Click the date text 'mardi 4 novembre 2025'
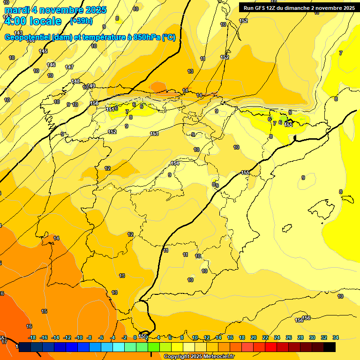(x=55, y=10)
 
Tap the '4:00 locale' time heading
(x=32, y=21)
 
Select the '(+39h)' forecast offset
(x=81, y=21)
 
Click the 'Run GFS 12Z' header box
(x=299, y=7)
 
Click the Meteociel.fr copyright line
(x=199, y=357)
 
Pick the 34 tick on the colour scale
(x=335, y=337)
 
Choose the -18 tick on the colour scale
(x=32, y=337)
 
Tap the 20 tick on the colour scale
(x=254, y=337)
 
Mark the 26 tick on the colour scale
(x=289, y=337)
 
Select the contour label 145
(x=43, y=51)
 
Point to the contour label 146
(x=51, y=65)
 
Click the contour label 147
(x=69, y=67)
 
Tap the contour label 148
(x=75, y=82)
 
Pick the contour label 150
(x=94, y=103)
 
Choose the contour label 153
(x=154, y=134)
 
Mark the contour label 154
(x=175, y=163)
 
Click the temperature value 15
(x=44, y=311)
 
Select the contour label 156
(x=307, y=318)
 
